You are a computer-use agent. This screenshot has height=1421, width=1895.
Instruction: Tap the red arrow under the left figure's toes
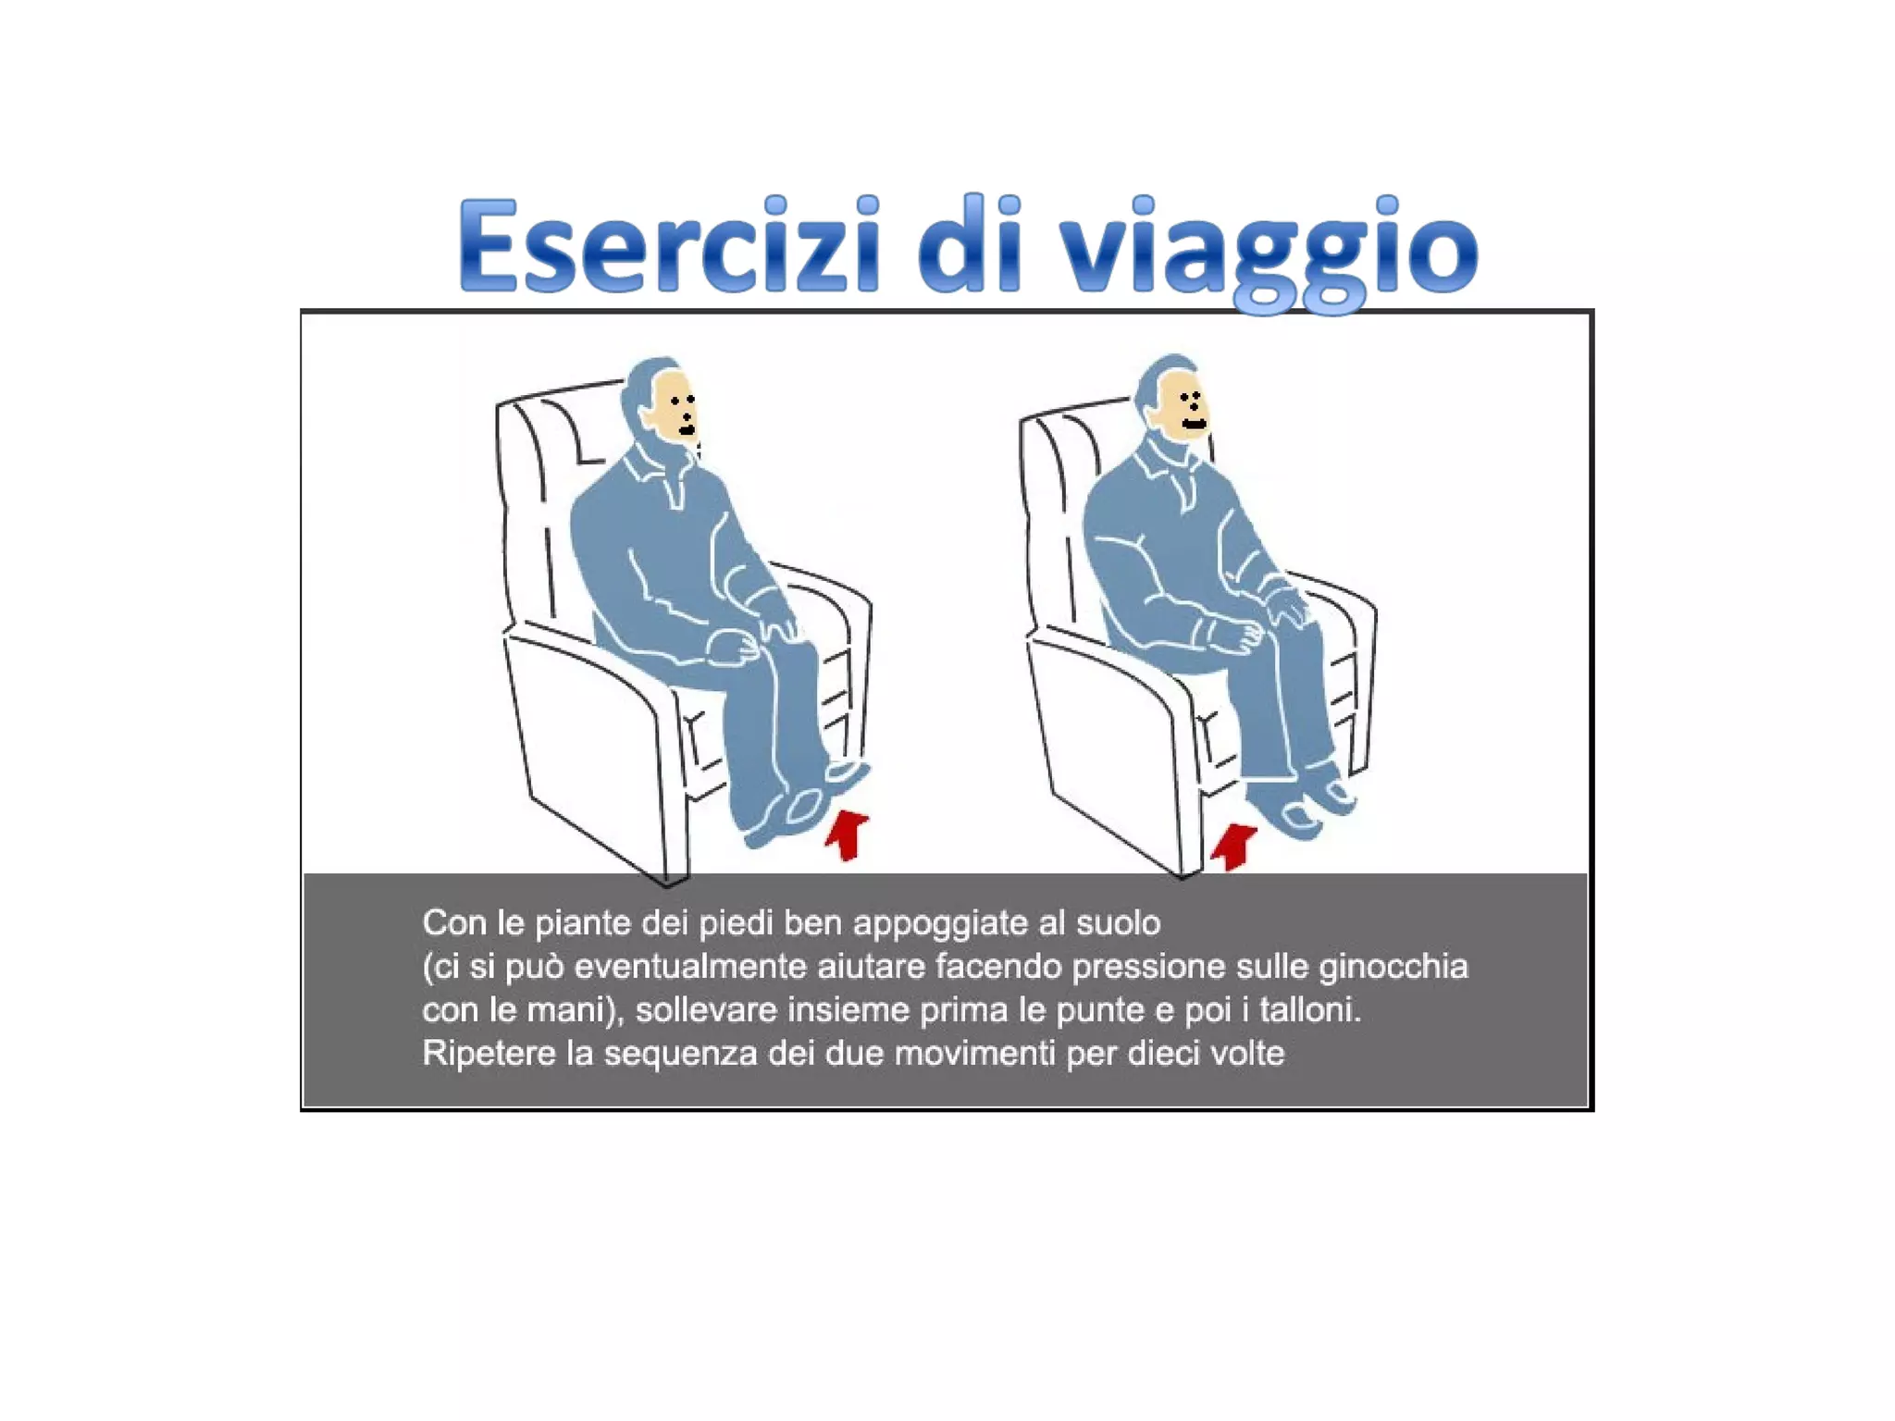(x=848, y=834)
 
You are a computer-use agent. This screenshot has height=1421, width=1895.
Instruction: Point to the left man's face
(x=680, y=407)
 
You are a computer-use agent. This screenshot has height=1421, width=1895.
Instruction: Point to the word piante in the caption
(x=584, y=924)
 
